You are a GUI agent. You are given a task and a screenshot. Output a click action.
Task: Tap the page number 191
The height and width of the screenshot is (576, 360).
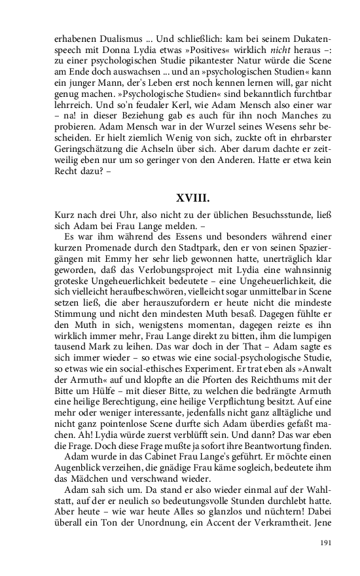tap(327, 543)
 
